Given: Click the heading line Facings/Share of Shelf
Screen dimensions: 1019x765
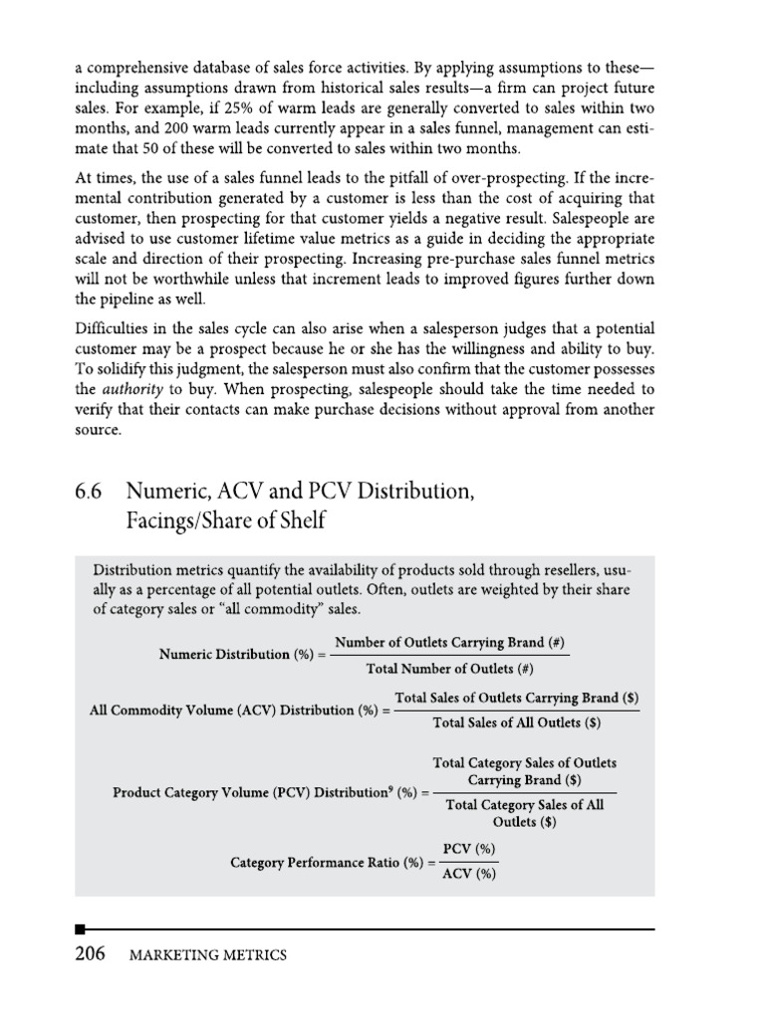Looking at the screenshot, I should pos(224,520).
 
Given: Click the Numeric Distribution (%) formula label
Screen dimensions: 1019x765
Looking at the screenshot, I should pos(241,654).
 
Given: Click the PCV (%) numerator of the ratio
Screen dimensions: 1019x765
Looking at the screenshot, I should pos(468,849).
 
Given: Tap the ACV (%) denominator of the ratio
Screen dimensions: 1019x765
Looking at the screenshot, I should pos(468,876).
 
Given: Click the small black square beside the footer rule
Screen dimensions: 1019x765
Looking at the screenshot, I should pos(80,929).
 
